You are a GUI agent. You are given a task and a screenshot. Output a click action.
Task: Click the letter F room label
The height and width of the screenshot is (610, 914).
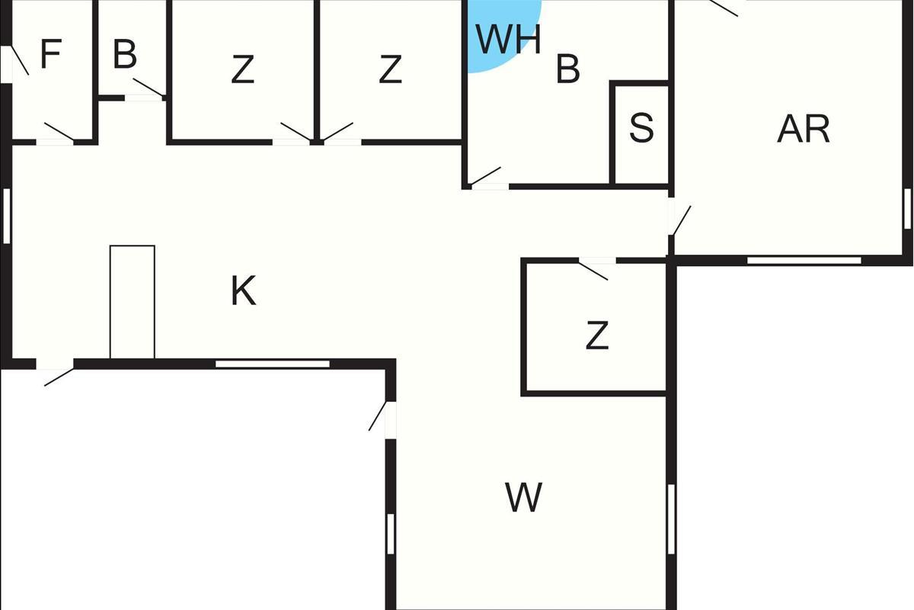51,53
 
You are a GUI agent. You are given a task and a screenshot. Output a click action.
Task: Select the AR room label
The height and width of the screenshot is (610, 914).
804,129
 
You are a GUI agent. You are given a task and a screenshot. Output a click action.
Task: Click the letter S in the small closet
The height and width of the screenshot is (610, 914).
641,128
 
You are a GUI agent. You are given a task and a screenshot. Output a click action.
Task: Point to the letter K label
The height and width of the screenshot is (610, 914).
244,291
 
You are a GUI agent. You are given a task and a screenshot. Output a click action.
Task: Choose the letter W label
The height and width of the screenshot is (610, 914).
523,497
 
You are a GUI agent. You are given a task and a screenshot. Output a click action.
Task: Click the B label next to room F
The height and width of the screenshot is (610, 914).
124,54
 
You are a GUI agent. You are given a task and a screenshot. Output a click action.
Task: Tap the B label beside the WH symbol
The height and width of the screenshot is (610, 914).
567,69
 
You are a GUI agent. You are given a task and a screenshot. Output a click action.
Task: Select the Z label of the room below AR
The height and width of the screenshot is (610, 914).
597,335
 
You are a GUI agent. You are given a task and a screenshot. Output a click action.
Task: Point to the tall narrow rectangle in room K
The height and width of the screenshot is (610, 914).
133,302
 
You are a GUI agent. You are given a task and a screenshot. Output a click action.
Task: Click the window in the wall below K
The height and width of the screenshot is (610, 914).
273,364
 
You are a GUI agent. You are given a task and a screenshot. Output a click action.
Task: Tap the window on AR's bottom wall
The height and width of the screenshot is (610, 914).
804,261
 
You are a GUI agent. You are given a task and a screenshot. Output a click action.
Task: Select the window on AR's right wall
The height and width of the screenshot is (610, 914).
907,210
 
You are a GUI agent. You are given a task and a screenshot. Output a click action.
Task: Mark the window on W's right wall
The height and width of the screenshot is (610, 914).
671,519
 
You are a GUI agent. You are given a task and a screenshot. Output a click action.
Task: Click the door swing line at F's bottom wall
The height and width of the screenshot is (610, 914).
59,131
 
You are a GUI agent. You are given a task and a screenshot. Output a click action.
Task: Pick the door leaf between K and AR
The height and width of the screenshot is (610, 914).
682,220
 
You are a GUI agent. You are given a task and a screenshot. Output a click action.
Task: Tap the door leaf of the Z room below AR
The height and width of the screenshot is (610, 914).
593,271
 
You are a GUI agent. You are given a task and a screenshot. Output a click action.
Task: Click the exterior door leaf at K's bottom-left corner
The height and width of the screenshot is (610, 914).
59,377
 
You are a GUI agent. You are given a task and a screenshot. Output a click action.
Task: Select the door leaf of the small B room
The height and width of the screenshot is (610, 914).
149,87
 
